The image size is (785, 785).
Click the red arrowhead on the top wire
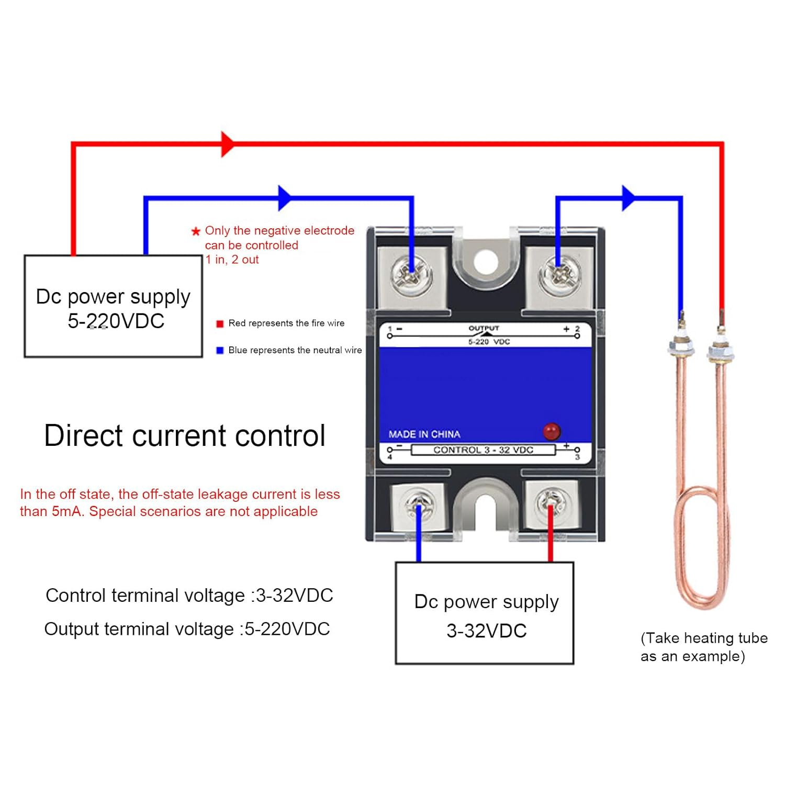(228, 144)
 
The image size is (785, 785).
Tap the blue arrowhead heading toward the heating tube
(628, 198)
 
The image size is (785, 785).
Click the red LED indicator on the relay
(551, 431)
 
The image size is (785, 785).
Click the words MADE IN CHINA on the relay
(424, 434)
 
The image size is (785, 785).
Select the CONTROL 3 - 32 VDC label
(483, 450)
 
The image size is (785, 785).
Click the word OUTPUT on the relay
(484, 328)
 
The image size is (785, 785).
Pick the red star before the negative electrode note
(196, 231)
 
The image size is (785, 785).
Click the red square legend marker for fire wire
(220, 324)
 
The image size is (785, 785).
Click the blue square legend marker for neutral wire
(220, 351)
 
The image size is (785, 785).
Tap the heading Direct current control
(185, 435)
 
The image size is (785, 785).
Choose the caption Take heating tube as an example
(703, 647)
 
